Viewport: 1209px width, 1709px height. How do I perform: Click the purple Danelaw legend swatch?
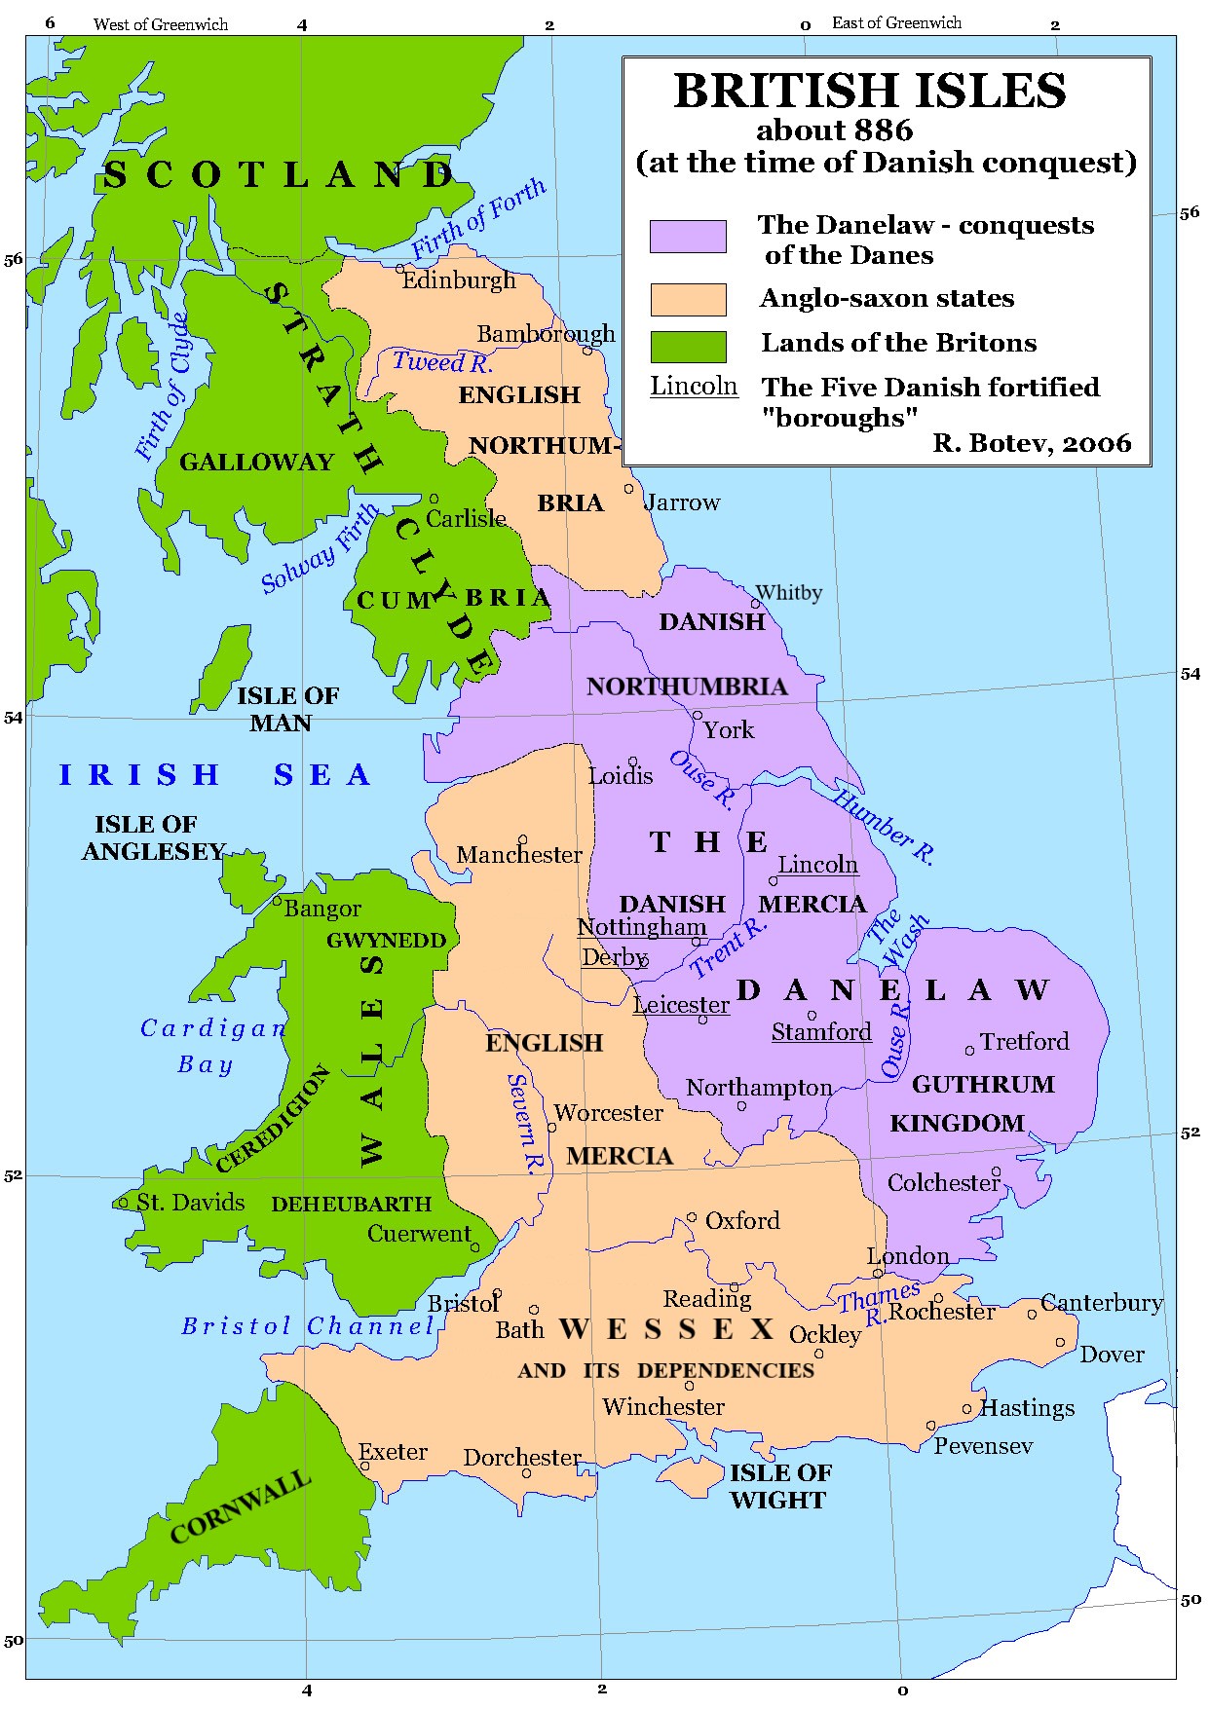click(x=688, y=237)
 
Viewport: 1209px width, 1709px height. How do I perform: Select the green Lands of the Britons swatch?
click(x=688, y=347)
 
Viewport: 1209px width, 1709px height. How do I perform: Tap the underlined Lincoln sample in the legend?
click(x=694, y=387)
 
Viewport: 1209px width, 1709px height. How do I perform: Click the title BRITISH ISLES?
click(x=869, y=92)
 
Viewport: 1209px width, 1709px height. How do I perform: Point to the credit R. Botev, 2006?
click(x=1032, y=444)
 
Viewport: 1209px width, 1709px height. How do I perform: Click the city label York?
click(x=729, y=730)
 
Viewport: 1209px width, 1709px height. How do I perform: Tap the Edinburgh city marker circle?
click(x=400, y=269)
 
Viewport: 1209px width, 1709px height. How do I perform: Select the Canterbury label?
click(x=1101, y=1303)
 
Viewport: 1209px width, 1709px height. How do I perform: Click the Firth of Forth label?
click(x=477, y=219)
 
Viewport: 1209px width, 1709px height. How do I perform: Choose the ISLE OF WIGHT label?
click(x=779, y=1486)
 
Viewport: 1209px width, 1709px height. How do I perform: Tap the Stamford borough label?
click(x=821, y=1032)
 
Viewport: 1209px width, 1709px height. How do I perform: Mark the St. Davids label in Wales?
click(x=190, y=1203)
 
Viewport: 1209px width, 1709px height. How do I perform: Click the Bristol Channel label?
click(x=308, y=1326)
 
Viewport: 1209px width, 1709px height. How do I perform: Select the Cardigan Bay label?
click(x=212, y=1046)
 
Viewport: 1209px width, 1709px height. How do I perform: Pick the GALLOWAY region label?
click(x=256, y=463)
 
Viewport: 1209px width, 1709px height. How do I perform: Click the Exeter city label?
click(x=393, y=1452)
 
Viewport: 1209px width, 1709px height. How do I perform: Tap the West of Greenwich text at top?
click(x=161, y=24)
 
